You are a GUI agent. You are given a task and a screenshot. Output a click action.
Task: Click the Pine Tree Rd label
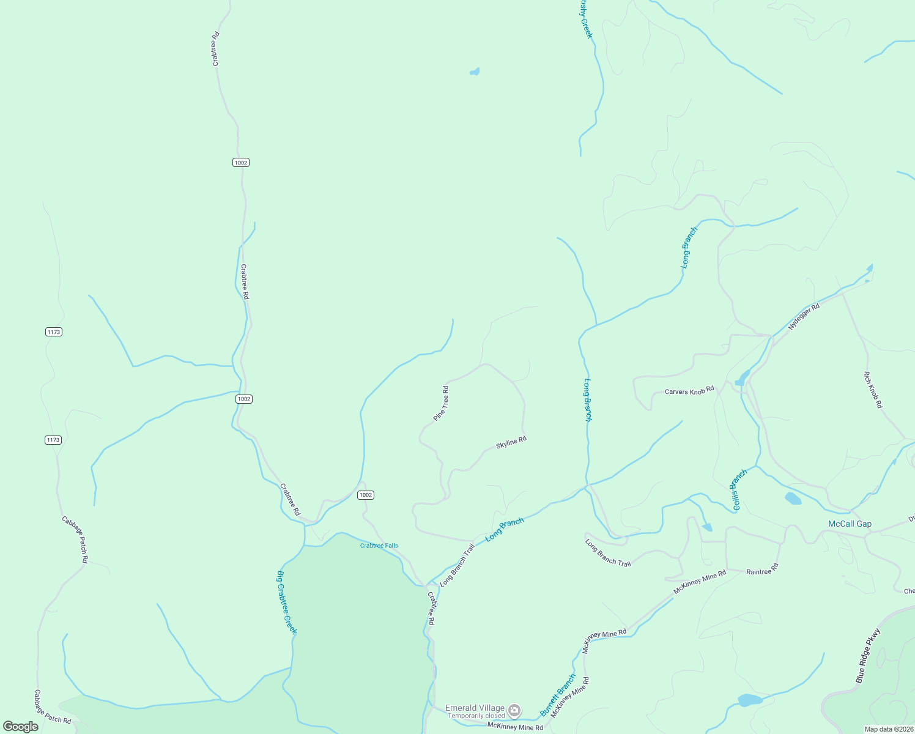pyautogui.click(x=441, y=403)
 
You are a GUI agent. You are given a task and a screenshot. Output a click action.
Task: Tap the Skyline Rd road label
pyautogui.click(x=511, y=442)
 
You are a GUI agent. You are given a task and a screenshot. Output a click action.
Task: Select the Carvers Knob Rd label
pyautogui.click(x=689, y=391)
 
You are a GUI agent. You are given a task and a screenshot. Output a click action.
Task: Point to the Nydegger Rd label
pyautogui.click(x=803, y=317)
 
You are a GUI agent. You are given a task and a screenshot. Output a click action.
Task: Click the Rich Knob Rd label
pyautogui.click(x=873, y=390)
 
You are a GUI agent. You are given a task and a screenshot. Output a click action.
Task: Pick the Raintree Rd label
pyautogui.click(x=762, y=569)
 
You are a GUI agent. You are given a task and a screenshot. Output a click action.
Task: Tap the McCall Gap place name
pyautogui.click(x=850, y=524)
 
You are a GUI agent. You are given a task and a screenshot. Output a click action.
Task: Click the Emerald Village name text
pyautogui.click(x=475, y=708)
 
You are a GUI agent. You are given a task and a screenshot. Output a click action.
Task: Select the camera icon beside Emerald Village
pyautogui.click(x=514, y=710)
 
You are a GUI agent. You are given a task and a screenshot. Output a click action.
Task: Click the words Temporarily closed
pyautogui.click(x=476, y=716)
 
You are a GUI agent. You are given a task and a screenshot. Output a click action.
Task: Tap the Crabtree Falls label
pyautogui.click(x=379, y=546)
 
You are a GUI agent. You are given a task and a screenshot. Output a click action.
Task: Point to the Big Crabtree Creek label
pyautogui.click(x=286, y=602)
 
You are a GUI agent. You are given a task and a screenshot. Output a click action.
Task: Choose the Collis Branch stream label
pyautogui.click(x=739, y=489)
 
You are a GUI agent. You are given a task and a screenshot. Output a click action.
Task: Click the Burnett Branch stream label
pyautogui.click(x=557, y=695)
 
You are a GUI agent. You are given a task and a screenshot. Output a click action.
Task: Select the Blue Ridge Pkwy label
pyautogui.click(x=868, y=656)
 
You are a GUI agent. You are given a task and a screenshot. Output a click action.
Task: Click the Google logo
pyautogui.click(x=21, y=727)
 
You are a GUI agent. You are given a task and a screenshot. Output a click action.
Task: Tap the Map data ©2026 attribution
pyautogui.click(x=888, y=729)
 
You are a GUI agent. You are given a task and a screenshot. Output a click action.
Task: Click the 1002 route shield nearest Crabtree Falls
pyautogui.click(x=365, y=495)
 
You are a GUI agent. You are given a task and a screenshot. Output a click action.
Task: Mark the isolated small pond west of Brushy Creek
pyautogui.click(x=475, y=72)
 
